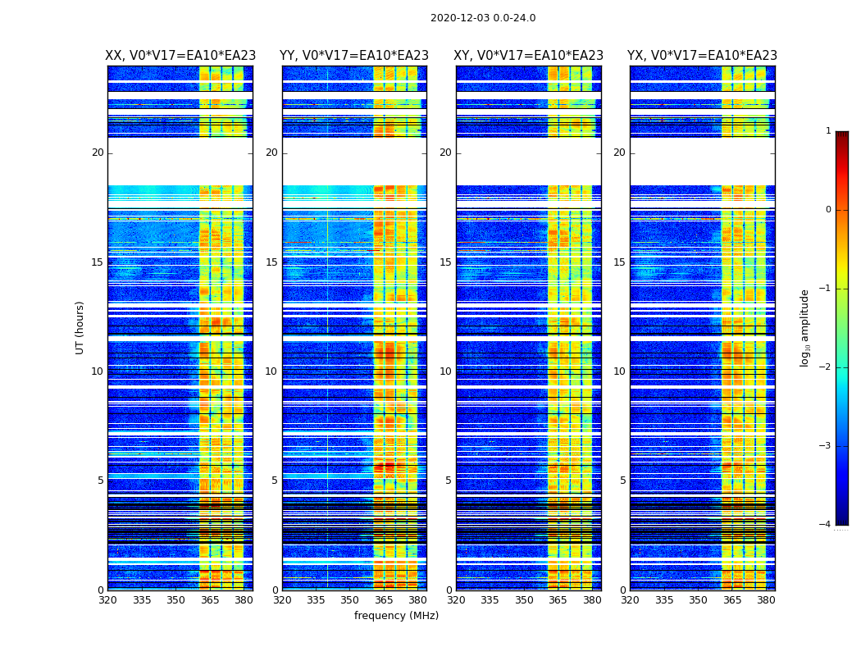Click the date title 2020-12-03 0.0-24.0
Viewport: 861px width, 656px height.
point(482,18)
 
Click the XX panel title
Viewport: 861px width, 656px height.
point(180,56)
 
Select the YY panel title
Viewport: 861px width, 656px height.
point(354,56)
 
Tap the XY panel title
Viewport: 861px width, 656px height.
point(529,56)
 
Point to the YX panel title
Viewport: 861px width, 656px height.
point(702,56)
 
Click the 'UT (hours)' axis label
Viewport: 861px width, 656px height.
point(80,327)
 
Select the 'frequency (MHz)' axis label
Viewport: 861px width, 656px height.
point(396,616)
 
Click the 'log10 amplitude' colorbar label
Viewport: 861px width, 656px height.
point(804,327)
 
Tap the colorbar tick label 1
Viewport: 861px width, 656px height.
point(827,131)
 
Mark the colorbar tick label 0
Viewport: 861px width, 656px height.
point(827,210)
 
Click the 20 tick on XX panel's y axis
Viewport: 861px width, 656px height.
point(98,153)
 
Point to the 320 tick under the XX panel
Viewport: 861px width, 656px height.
point(107,600)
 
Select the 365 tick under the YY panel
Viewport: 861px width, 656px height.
point(385,600)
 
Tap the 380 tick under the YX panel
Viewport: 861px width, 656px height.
point(766,600)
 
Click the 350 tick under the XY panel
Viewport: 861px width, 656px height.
point(524,600)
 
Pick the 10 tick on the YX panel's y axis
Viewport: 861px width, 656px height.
point(619,371)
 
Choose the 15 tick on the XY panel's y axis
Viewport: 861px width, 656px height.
point(445,262)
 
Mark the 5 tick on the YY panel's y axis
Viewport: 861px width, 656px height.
point(275,481)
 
